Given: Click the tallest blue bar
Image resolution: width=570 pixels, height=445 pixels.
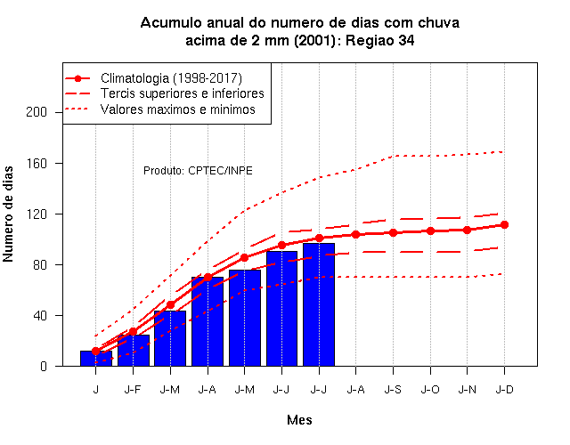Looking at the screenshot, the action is click(319, 304).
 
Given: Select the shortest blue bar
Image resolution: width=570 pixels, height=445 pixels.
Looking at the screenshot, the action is click(96, 358).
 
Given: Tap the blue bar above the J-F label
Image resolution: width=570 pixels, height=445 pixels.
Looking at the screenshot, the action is click(134, 350).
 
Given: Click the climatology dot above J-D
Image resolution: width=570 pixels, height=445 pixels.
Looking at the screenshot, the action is click(504, 225).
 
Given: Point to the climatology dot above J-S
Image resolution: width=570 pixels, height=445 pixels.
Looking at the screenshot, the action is click(393, 233).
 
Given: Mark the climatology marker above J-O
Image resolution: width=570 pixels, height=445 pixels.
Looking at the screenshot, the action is click(430, 231).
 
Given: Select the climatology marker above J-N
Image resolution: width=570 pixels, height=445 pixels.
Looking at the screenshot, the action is click(467, 231).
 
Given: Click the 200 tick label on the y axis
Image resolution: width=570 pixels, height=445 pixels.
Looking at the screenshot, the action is click(37, 112).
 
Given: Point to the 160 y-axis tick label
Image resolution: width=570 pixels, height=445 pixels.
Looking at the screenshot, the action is click(37, 164).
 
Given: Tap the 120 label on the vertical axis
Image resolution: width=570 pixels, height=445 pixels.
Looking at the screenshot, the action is click(37, 214).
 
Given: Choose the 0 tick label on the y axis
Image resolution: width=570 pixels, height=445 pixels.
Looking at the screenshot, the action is click(44, 366).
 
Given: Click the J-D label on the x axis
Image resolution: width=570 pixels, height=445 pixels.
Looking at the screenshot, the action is click(505, 390).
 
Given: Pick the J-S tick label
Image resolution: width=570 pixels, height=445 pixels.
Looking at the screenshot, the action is click(393, 390).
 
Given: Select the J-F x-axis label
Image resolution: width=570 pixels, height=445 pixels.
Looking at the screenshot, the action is click(133, 390).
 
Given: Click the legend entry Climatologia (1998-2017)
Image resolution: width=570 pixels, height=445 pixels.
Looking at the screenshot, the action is click(171, 78).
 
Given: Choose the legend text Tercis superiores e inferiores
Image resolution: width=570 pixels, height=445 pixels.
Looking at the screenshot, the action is click(183, 93).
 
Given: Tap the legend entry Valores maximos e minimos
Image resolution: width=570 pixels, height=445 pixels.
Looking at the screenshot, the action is click(178, 109).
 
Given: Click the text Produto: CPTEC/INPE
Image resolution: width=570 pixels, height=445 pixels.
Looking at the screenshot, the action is click(198, 170).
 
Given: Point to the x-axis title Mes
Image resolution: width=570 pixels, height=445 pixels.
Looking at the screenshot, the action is click(299, 420).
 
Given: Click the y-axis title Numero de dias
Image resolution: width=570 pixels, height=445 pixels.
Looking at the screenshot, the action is click(8, 214).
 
